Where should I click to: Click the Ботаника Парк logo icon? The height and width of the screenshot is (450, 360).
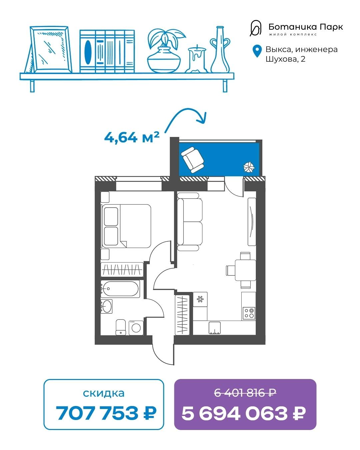pyautogui.click(x=256, y=28)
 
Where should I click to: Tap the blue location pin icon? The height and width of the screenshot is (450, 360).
pyautogui.click(x=257, y=51)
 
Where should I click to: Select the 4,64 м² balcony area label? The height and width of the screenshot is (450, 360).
pyautogui.click(x=132, y=137)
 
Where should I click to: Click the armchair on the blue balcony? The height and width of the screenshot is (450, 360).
pyautogui.click(x=192, y=160)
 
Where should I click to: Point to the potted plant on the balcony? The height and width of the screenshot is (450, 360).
pyautogui.click(x=249, y=167)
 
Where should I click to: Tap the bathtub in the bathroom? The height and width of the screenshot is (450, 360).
pyautogui.click(x=120, y=289)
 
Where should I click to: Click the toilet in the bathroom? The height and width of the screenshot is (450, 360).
pyautogui.click(x=121, y=327)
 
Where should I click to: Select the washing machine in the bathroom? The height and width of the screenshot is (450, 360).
pyautogui.click(x=136, y=328)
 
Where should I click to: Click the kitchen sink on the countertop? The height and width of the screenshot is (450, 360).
pyautogui.click(x=214, y=328)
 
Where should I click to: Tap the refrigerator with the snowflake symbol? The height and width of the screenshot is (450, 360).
pyautogui.click(x=200, y=299)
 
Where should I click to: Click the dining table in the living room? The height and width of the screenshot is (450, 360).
pyautogui.click(x=245, y=270)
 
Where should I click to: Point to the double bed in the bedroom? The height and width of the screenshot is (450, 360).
pyautogui.click(x=126, y=226)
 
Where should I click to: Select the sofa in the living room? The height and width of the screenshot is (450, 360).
pyautogui.click(x=190, y=222)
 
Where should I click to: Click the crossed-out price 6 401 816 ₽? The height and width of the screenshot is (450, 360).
pyautogui.click(x=245, y=393)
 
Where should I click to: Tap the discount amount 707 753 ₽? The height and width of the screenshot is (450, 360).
pyautogui.click(x=106, y=413)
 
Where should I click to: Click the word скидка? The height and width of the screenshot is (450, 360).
pyautogui.click(x=104, y=393)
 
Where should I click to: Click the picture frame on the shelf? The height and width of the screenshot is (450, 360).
pyautogui.click(x=50, y=49)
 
